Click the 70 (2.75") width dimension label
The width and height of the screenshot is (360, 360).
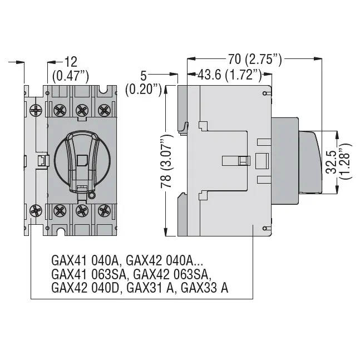tap(255, 59)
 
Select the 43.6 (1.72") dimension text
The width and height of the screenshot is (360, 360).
tap(230, 75)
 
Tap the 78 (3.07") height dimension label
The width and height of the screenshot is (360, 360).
tap(166, 161)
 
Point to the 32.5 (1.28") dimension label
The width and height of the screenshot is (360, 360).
tap(338, 161)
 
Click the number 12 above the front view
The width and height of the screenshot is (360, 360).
tap(71, 62)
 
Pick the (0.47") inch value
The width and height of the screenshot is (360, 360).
tap(71, 76)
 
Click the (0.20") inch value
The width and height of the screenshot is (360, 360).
tap(144, 89)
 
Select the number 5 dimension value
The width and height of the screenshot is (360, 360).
tap(144, 76)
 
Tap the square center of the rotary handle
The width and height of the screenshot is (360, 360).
tap(82, 160)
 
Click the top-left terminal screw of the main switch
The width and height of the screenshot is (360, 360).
tap(60, 110)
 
